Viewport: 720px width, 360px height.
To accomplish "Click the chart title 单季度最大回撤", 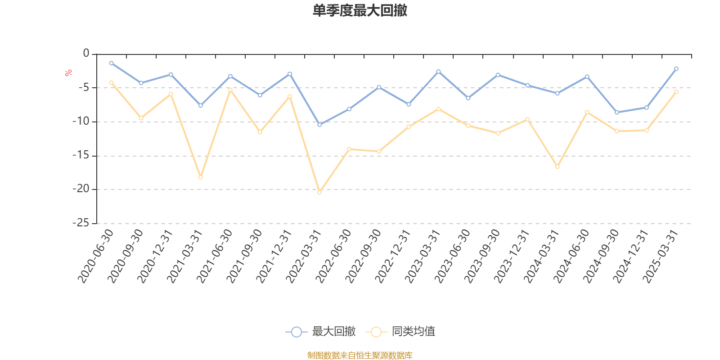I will [x=360, y=11].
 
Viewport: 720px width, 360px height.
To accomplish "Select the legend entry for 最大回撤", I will [x=321, y=332].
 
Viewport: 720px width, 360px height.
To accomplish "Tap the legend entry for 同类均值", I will [x=400, y=332].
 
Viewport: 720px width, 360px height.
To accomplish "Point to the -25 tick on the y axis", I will [x=81, y=223].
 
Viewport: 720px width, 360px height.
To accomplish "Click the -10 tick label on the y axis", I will [x=81, y=121].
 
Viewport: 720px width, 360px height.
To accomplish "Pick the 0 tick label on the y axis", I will [x=86, y=54].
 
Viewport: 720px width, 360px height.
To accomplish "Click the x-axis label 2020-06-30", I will [x=96, y=256].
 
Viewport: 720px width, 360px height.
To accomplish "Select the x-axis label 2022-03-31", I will [x=304, y=256].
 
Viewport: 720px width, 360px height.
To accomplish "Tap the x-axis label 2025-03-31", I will [x=661, y=256].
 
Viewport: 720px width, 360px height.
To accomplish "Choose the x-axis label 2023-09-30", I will [x=482, y=256].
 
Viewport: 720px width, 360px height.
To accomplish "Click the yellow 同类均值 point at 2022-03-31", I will [x=319, y=192].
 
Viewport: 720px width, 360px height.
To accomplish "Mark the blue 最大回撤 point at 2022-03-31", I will [x=319, y=125].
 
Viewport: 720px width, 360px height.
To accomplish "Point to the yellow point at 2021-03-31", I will [x=201, y=177].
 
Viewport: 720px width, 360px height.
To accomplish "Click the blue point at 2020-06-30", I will [x=111, y=63].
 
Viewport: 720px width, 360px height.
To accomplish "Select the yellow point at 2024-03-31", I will [x=557, y=166].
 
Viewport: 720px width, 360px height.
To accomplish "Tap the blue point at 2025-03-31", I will [x=676, y=69].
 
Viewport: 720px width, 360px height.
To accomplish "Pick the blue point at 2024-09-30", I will [x=616, y=112].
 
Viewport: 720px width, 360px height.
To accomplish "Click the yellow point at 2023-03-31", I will [x=438, y=109].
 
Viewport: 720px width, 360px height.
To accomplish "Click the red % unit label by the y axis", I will [x=68, y=73].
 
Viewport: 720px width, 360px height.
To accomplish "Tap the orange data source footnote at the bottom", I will [x=360, y=355].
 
